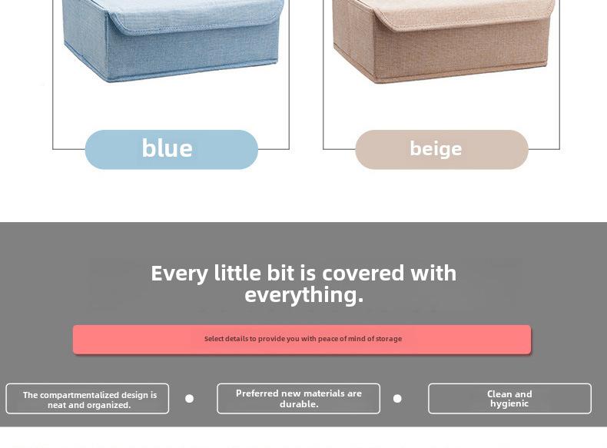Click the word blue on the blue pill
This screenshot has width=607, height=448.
168,148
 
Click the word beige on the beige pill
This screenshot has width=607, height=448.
436,149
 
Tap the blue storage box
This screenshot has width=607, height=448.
173,41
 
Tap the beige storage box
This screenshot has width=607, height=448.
443,41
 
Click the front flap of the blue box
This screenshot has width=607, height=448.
195,18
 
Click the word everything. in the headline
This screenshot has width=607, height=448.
304,295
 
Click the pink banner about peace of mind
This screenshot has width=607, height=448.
302,339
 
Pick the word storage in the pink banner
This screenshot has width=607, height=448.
389,339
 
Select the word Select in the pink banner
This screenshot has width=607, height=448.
214,339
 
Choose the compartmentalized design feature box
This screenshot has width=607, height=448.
88,399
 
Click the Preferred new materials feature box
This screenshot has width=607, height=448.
298,399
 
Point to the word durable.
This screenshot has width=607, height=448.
299,404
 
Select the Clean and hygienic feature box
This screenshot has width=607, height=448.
509,399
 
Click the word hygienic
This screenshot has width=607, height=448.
509,404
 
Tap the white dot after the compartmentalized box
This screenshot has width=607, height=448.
189,399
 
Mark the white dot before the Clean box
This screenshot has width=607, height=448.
397,399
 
